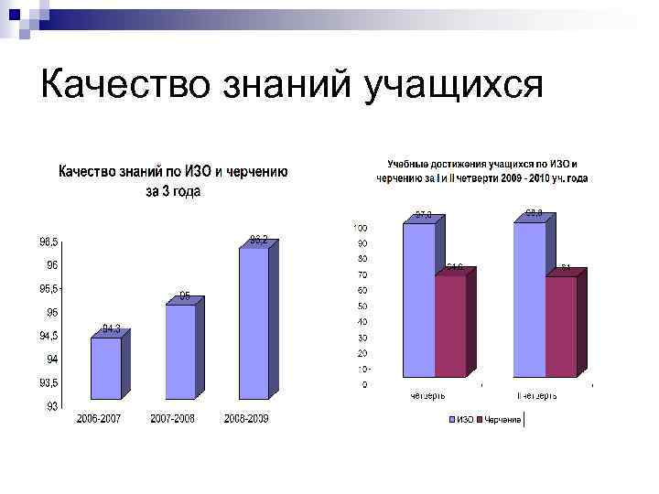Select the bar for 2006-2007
click(105, 368)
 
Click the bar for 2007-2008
click(180, 351)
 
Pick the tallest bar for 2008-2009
click(254, 323)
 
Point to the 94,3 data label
click(112, 328)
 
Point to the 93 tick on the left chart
click(53, 406)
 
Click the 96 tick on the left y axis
click(53, 265)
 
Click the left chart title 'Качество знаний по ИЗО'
click(173, 171)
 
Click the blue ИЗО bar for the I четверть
click(418, 300)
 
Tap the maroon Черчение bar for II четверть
click(561, 327)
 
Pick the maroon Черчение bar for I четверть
click(449, 326)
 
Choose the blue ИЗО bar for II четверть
click(529, 300)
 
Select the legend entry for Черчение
click(501, 421)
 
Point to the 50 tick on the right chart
click(362, 306)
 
